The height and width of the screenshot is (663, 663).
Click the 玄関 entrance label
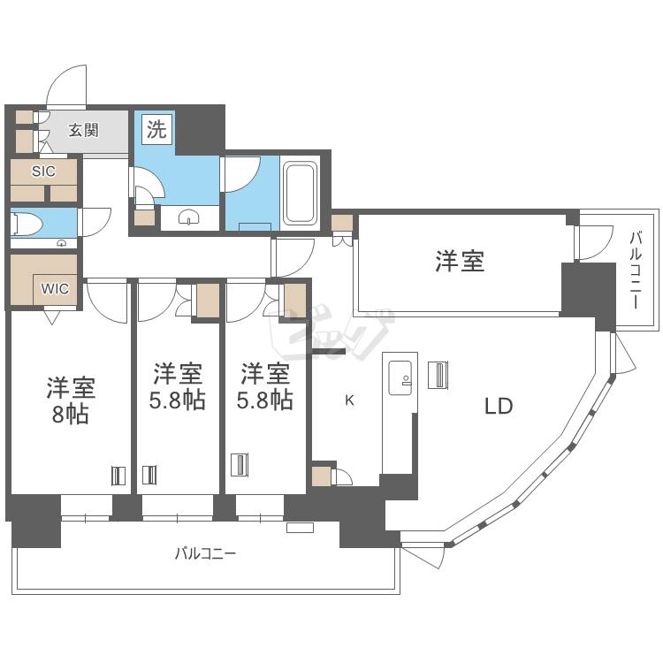[x=83, y=131]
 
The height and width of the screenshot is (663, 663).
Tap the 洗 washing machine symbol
[x=156, y=131]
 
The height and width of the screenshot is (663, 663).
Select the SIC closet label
[x=43, y=171]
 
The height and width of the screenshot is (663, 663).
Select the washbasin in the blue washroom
[x=191, y=217]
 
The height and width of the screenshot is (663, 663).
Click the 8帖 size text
[x=70, y=415]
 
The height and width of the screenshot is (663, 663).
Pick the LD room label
[x=499, y=407]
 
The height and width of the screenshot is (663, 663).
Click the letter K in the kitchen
[x=349, y=400]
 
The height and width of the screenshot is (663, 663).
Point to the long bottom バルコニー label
[x=205, y=554]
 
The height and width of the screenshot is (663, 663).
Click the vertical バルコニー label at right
[x=636, y=269]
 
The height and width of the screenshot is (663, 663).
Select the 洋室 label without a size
[x=460, y=261]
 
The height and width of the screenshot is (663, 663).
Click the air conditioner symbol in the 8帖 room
[x=118, y=476]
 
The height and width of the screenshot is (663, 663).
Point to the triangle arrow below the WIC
[x=50, y=316]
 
